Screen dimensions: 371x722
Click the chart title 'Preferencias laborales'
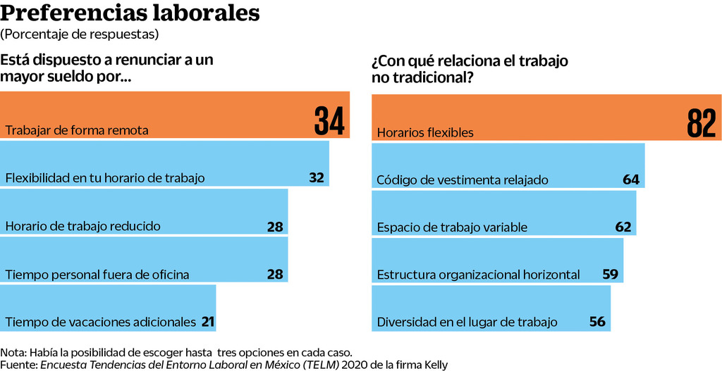coord(130,14)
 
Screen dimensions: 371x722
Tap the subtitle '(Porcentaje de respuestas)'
coord(80,34)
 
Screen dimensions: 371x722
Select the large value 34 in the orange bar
coord(329,120)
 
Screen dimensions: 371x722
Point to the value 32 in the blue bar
coord(317,177)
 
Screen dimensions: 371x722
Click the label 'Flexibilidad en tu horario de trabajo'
coord(105,178)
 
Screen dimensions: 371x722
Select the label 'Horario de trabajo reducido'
coord(83,226)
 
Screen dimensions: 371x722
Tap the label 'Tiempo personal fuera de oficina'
coord(97,275)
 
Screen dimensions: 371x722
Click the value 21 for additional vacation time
coord(207,322)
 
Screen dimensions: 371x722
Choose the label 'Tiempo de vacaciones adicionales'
coord(100,322)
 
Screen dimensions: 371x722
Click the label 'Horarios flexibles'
coord(425,132)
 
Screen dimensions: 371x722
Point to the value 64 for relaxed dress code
coord(631,180)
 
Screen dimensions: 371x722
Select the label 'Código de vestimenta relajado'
coord(463,180)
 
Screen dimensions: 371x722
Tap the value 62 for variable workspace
coord(623,227)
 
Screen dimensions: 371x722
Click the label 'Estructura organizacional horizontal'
coord(479,275)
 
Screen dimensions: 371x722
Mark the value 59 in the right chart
coord(611,274)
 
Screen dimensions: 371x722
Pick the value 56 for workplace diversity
coord(597,322)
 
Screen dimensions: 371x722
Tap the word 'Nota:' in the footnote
coord(13,352)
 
